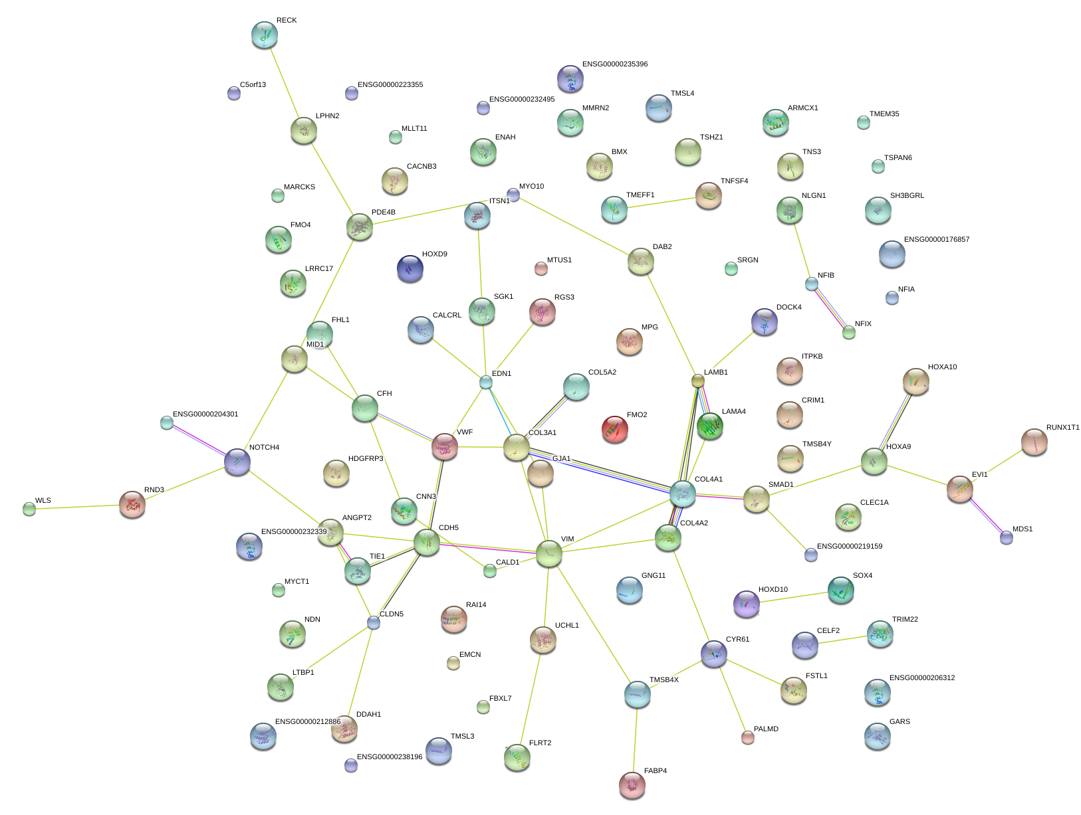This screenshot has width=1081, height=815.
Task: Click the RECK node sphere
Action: pyautogui.click(x=265, y=35)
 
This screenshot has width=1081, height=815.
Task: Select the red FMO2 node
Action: pyautogui.click(x=614, y=429)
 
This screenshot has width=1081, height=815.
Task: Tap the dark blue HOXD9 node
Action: pyautogui.click(x=410, y=268)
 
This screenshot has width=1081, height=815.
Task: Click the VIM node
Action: pyautogui.click(x=548, y=553)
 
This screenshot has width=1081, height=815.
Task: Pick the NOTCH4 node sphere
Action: pyautogui.click(x=237, y=461)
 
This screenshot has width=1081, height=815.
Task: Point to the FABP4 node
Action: pyautogui.click(x=632, y=784)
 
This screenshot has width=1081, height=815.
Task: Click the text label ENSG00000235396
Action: pyautogui.click(x=614, y=64)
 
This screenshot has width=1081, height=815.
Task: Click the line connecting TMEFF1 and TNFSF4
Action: pyautogui.click(x=661, y=203)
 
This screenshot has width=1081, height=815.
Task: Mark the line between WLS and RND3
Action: pyautogui.click(x=80, y=507)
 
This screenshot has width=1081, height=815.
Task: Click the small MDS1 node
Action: pyautogui.click(x=1007, y=537)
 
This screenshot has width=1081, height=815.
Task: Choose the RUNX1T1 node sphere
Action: pyautogui.click(x=1034, y=442)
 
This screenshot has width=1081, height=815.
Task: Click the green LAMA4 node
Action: pyautogui.click(x=710, y=426)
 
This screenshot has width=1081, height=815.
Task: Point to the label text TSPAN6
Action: pyautogui.click(x=898, y=158)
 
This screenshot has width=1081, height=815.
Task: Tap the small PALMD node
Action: pyautogui.click(x=748, y=737)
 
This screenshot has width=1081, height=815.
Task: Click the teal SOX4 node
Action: pyautogui.click(x=840, y=589)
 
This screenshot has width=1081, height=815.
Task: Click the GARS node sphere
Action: pyautogui.click(x=877, y=735)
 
